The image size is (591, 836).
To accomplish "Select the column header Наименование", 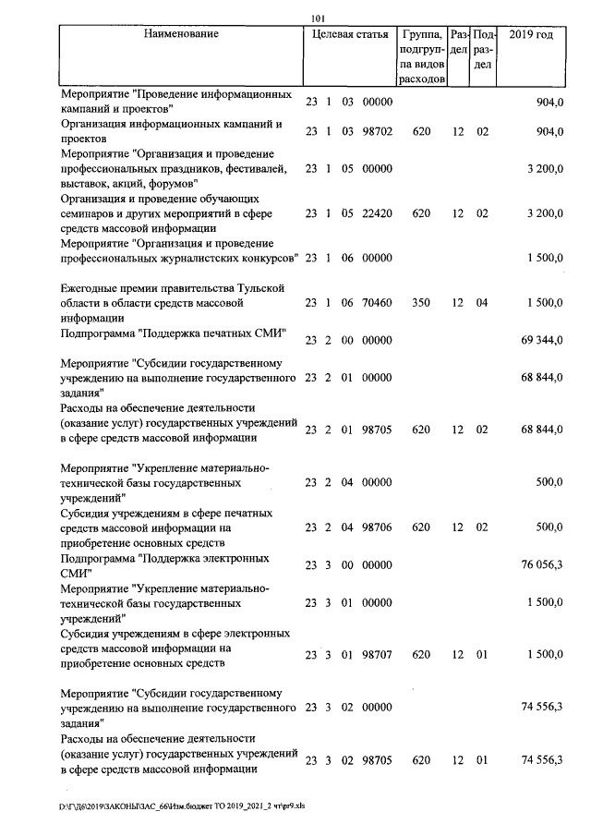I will (x=182, y=35).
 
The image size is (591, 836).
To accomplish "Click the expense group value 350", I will (x=422, y=303).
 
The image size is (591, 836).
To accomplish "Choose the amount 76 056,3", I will (x=542, y=566).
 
